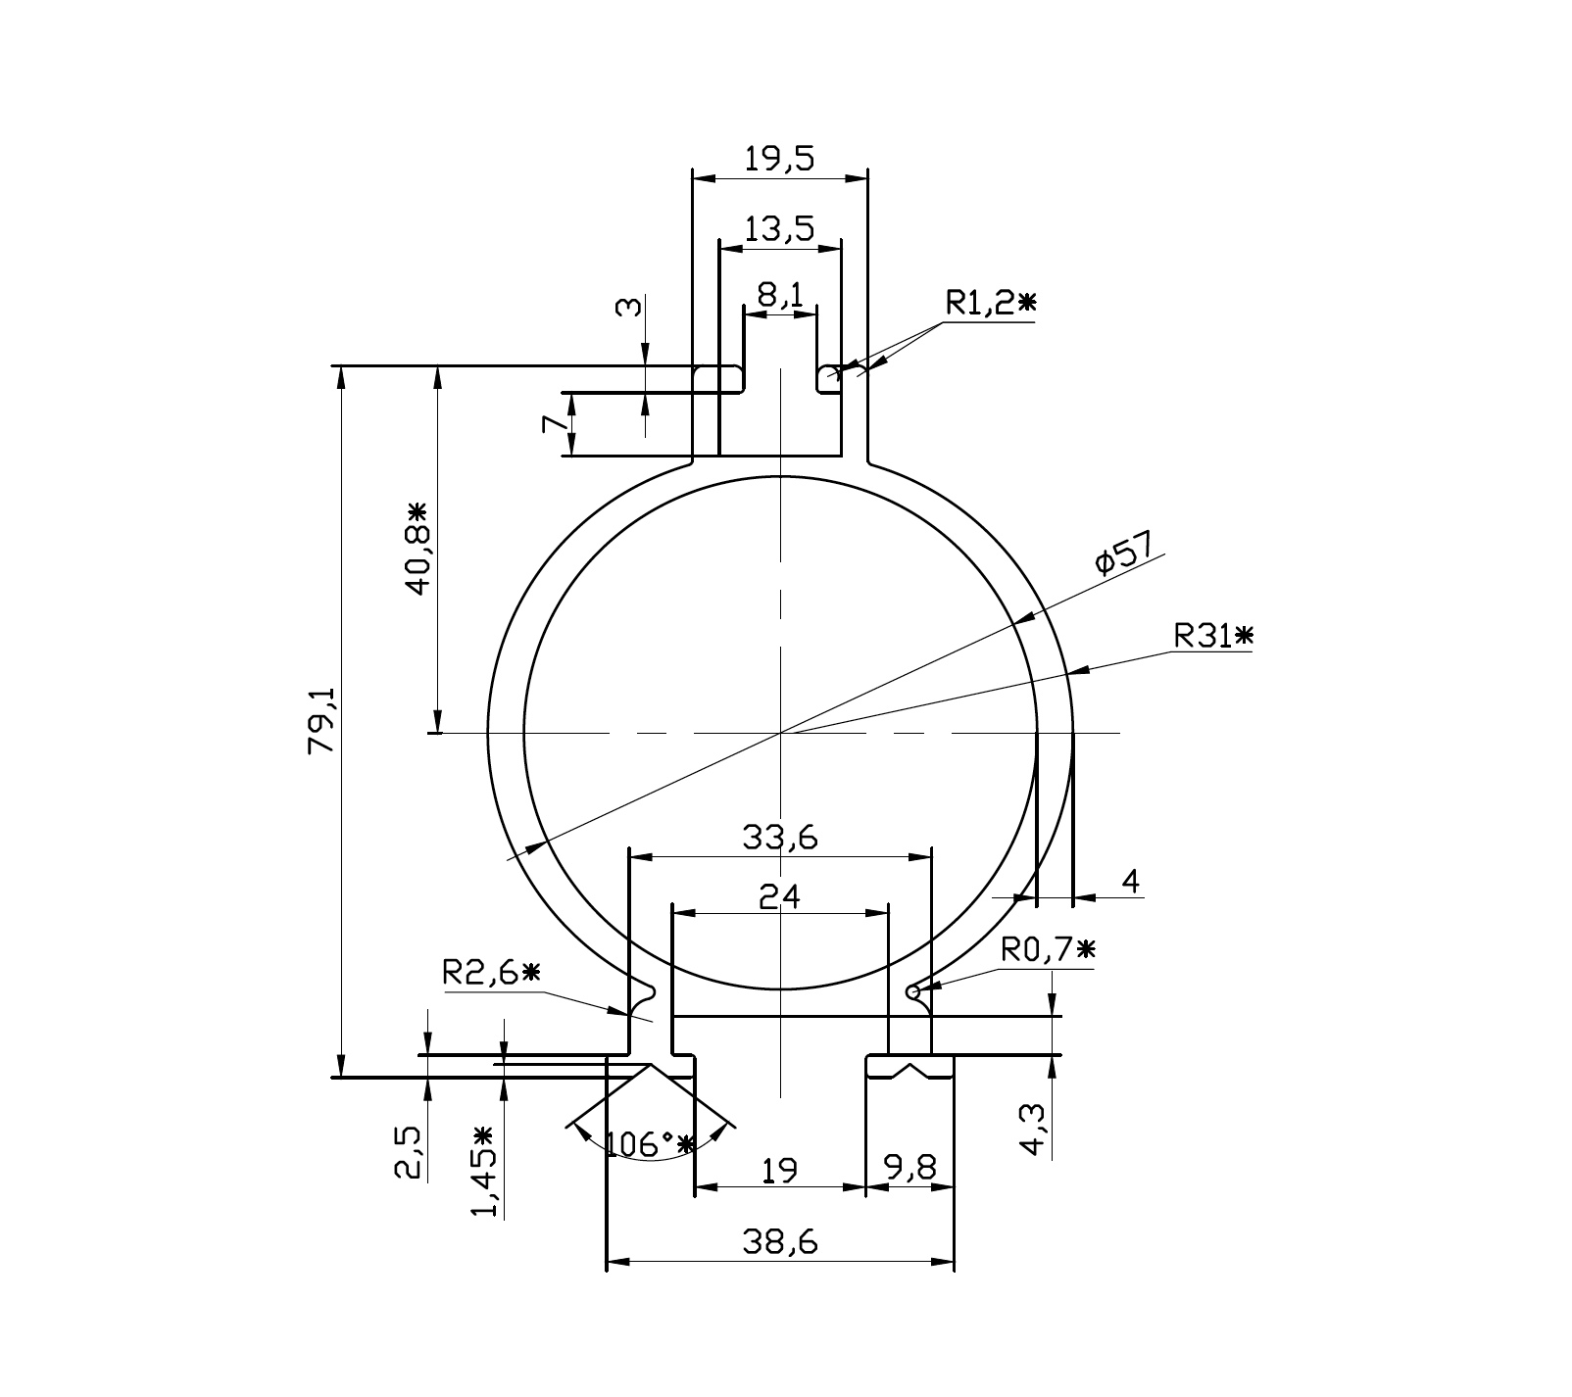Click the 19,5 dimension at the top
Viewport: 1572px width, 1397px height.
pyautogui.click(x=779, y=159)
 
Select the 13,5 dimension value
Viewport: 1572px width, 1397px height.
pyautogui.click(x=779, y=229)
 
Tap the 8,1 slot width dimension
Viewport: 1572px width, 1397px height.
pyautogui.click(x=780, y=293)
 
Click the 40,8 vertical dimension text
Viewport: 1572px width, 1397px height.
pyautogui.click(x=418, y=550)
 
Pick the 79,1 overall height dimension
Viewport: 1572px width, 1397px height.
pyautogui.click(x=322, y=720)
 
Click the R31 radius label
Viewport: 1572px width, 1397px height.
pyautogui.click(x=1213, y=637)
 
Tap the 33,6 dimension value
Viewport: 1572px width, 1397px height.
pyautogui.click(x=780, y=839)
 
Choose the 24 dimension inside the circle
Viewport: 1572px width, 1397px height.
pyautogui.click(x=780, y=896)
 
